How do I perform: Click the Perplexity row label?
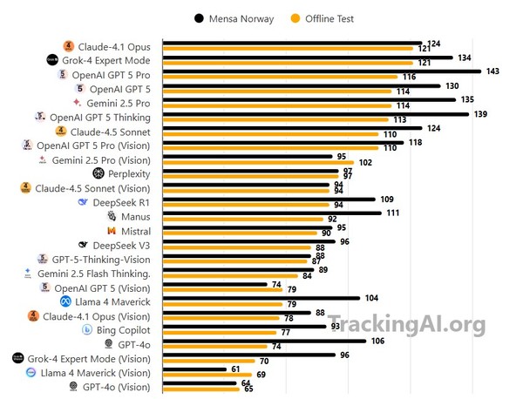pos(128,173)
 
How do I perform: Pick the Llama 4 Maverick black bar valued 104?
pos(261,298)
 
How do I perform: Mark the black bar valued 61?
pos(200,369)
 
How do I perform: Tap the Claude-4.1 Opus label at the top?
pos(113,46)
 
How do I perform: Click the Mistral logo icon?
pos(112,231)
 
